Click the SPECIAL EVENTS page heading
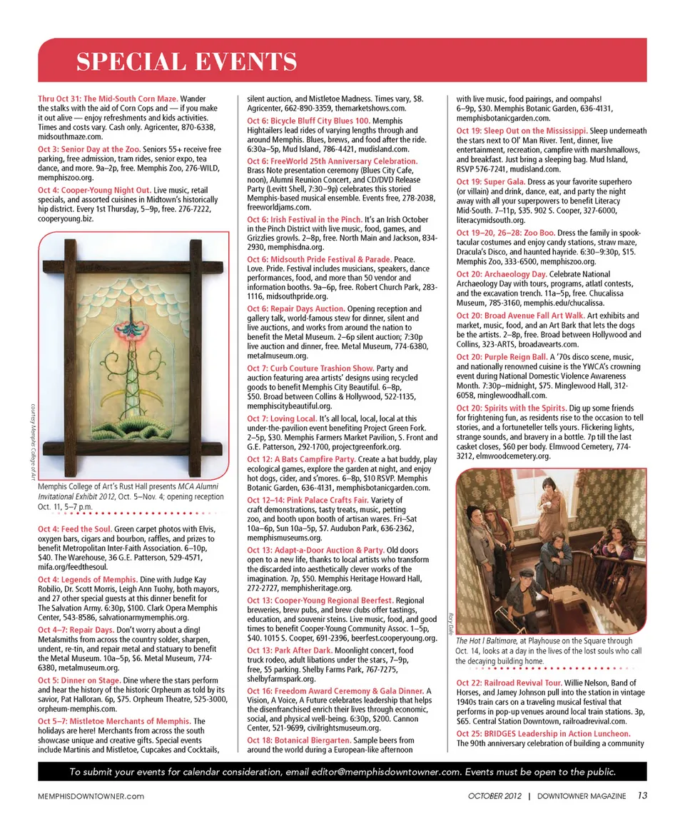187,62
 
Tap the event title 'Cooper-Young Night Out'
104,191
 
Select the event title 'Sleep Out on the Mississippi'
532,131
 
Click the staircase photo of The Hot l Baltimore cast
551,551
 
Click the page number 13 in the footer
641,795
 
